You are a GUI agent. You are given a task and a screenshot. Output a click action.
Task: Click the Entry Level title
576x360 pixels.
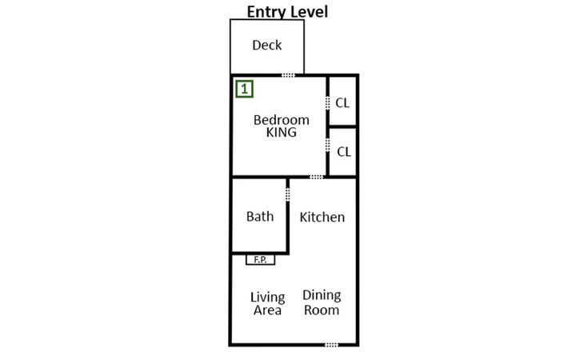point(287,11)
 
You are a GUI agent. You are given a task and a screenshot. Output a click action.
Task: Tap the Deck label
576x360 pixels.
point(266,46)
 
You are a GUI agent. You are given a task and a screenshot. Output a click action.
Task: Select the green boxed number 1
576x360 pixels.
point(244,88)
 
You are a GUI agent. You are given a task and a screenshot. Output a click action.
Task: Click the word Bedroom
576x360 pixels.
point(281,120)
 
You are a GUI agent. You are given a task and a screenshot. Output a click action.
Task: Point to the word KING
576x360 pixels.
point(281,133)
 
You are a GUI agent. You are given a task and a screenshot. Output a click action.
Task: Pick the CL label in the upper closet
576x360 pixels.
point(342,102)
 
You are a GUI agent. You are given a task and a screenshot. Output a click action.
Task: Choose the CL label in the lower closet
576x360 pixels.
point(342,151)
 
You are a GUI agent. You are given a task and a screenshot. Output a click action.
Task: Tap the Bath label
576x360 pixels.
point(260,216)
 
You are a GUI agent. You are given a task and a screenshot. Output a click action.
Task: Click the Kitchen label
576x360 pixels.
point(322,217)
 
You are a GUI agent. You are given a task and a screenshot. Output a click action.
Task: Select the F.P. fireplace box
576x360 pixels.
point(260,259)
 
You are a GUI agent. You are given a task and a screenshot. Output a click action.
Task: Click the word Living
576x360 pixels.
point(267,298)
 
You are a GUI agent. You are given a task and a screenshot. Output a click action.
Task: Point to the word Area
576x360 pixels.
point(267,310)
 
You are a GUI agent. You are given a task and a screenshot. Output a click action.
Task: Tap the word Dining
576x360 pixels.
point(322,296)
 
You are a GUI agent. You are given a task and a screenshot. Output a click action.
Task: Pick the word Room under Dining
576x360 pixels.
point(322,310)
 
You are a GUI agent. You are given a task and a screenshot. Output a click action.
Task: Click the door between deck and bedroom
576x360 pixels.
point(288,75)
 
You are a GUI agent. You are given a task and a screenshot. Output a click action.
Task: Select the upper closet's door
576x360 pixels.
point(328,103)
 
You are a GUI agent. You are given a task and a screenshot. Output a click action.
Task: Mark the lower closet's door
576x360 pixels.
point(328,146)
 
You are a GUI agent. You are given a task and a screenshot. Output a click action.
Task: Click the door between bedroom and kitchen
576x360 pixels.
point(317,177)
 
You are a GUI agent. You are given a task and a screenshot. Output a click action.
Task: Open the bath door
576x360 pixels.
point(288,194)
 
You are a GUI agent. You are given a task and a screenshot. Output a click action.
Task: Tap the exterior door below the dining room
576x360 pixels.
point(331,345)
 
